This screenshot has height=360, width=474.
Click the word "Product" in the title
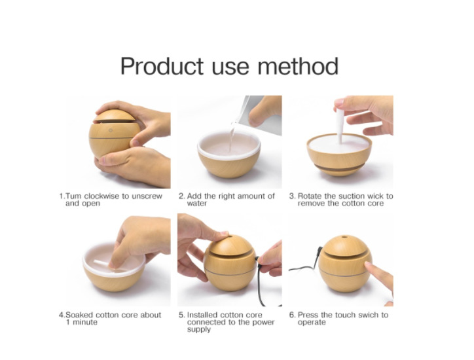coord(162,66)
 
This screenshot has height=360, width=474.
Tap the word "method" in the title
coord(298,66)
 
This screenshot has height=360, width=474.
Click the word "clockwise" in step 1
coord(101,196)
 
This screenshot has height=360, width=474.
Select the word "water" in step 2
coord(197,204)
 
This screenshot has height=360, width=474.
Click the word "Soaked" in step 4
coord(79,315)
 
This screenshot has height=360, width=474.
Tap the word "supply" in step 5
coord(199,329)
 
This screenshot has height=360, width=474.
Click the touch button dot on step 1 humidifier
coord(111,130)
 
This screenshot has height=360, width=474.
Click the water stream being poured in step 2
coord(232,136)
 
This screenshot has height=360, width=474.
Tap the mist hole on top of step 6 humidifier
coord(344,237)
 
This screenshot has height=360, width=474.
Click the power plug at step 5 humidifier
coord(258,259)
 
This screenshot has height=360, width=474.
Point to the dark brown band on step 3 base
coord(339,168)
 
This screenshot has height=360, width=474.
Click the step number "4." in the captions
coord(62,315)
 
